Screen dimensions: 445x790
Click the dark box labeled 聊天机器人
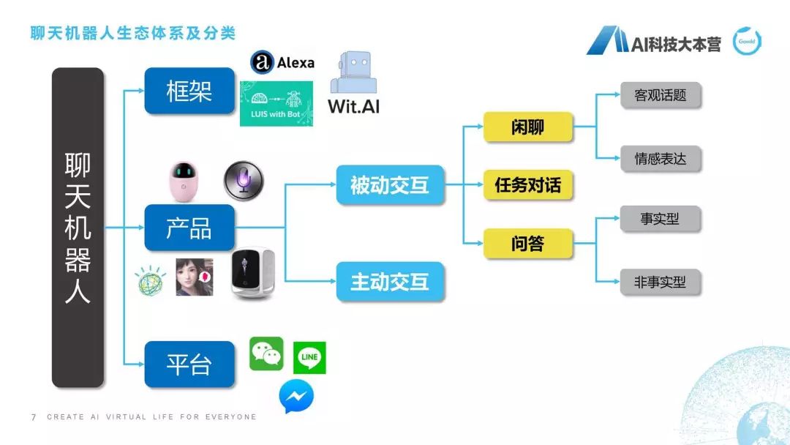(x=78, y=227)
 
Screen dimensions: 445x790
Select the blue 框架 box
(x=189, y=91)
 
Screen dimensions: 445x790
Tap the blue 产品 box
(x=189, y=228)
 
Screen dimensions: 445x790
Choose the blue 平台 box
(x=189, y=364)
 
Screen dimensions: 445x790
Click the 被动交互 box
(x=390, y=184)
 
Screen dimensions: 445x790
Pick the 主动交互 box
(x=390, y=281)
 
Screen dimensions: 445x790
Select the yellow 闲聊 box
(x=527, y=128)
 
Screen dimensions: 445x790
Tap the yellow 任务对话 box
(x=527, y=184)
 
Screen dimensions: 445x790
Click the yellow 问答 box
(x=527, y=243)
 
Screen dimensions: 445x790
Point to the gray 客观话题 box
(x=661, y=95)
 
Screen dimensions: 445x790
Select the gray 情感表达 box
(x=661, y=158)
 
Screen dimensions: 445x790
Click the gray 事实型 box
(x=661, y=219)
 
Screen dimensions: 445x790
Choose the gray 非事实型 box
(x=661, y=281)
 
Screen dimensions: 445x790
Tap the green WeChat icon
(x=266, y=354)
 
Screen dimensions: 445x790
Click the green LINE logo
(x=309, y=358)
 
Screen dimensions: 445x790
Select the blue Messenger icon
(x=296, y=397)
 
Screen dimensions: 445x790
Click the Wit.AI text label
(x=354, y=105)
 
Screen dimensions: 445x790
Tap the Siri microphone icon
(x=244, y=179)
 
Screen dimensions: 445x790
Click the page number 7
(x=34, y=417)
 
